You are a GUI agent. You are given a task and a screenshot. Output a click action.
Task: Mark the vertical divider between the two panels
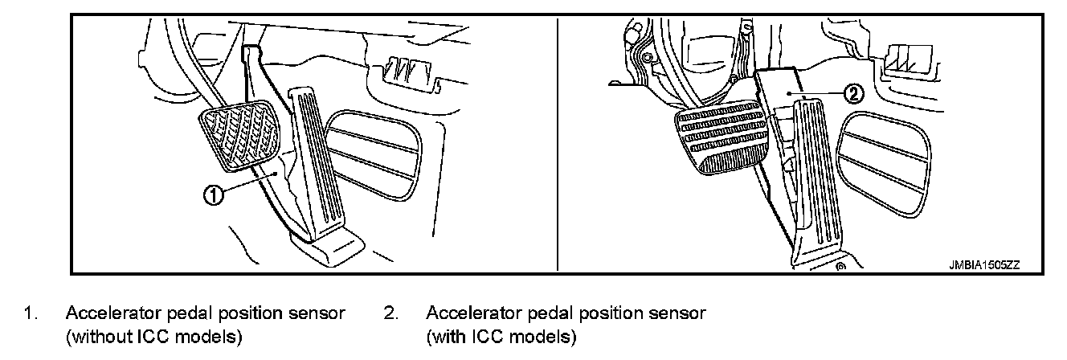point(557,145)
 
